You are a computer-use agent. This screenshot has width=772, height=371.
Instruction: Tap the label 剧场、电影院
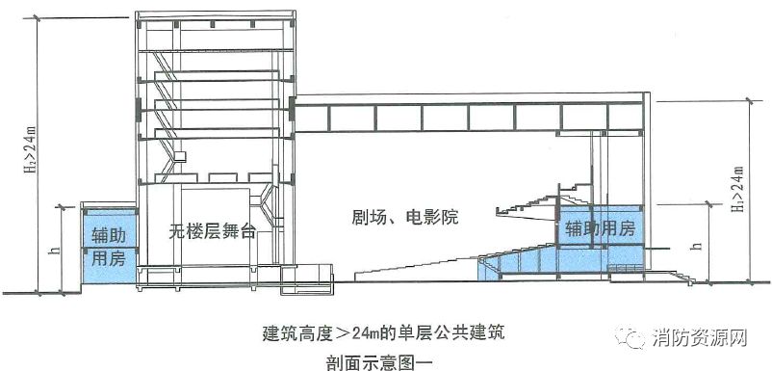[405, 219]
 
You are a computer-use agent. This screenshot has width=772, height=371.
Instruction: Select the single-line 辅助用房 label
[600, 228]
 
